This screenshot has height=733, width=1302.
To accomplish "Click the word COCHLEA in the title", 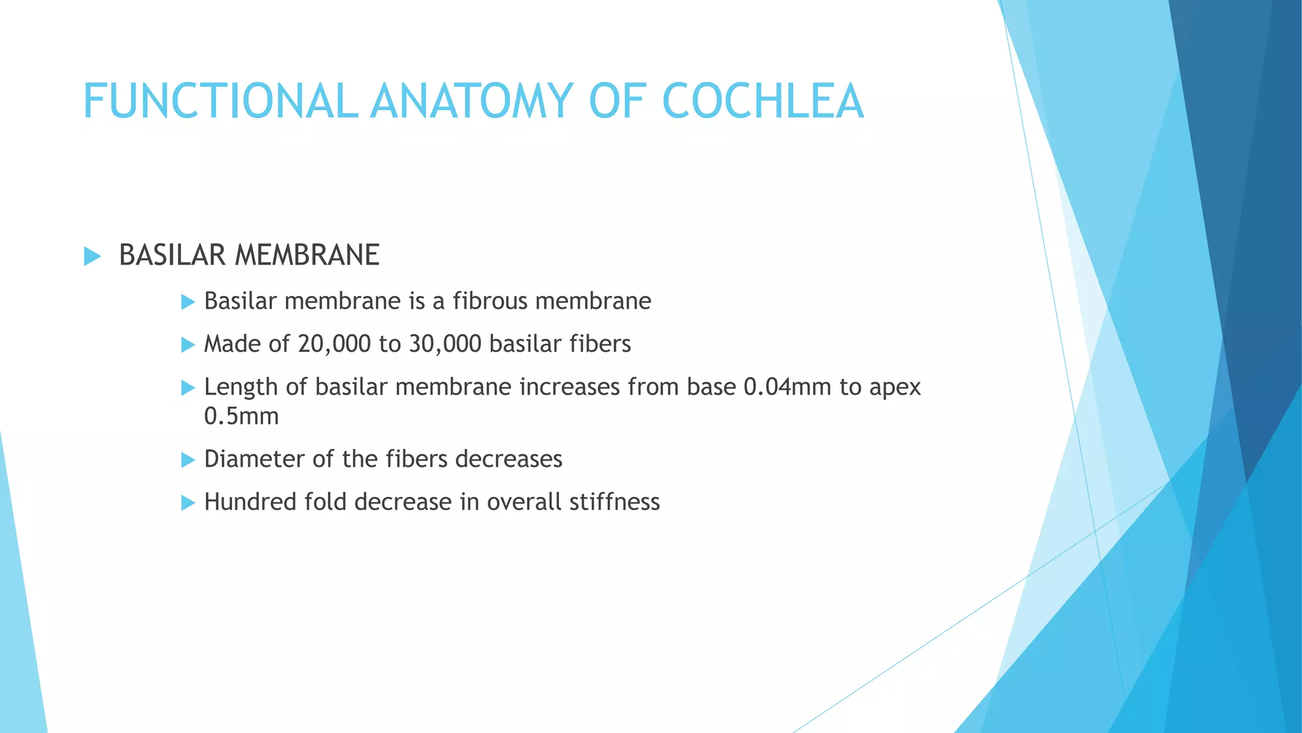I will point(762,101).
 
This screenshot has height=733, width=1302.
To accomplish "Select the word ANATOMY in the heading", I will point(472,101).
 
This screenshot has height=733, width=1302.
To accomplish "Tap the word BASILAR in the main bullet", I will point(172,255).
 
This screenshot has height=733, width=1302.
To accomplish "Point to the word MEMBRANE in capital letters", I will point(306,255).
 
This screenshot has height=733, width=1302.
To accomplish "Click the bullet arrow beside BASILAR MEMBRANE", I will point(92,256).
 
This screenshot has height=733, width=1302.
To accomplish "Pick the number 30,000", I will point(445,344).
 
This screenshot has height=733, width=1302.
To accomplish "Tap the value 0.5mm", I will point(242,417).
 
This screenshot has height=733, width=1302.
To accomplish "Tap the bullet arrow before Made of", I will point(188,345).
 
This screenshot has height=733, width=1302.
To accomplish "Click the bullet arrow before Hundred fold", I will point(188,503).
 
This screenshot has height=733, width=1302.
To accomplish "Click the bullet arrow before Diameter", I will point(188,460).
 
